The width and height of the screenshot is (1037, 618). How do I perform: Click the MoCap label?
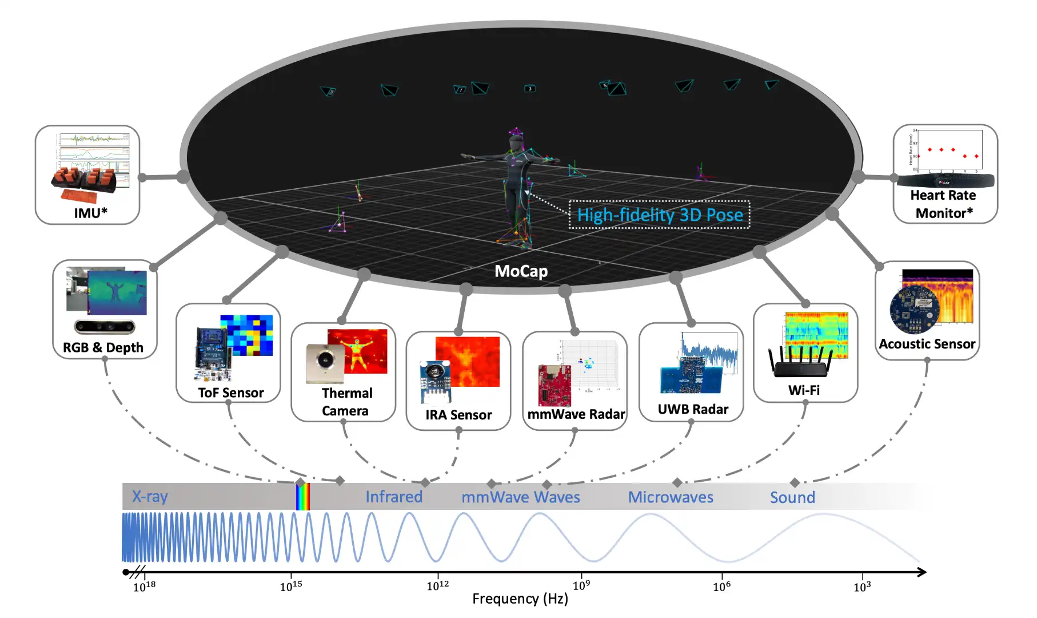point(521,271)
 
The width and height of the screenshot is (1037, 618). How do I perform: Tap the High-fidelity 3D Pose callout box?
point(659,215)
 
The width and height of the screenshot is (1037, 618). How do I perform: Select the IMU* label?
point(90,213)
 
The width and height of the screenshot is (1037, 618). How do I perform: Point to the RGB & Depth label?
point(103,347)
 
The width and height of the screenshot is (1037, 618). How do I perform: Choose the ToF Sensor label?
point(230,393)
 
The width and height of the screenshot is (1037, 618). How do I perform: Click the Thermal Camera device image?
point(325,363)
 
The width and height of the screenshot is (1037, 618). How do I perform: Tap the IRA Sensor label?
point(458,414)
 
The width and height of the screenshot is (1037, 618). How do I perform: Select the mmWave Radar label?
point(576,414)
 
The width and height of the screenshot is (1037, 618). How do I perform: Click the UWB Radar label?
point(693,409)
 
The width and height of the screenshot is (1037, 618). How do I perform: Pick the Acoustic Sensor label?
point(927,344)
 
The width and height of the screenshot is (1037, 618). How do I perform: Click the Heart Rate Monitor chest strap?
point(944,181)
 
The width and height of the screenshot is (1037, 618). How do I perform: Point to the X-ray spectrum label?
point(150,496)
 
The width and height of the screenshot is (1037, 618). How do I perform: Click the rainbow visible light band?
point(303,496)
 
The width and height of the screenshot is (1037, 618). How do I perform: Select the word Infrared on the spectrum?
point(394,497)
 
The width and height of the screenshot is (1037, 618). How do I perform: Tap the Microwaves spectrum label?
point(671,497)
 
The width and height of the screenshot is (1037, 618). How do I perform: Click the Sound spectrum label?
point(792,497)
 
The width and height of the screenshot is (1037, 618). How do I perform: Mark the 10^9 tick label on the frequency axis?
point(581,585)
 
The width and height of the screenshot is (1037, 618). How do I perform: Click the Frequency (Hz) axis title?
point(520,599)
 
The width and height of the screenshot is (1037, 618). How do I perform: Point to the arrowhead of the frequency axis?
point(922,572)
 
